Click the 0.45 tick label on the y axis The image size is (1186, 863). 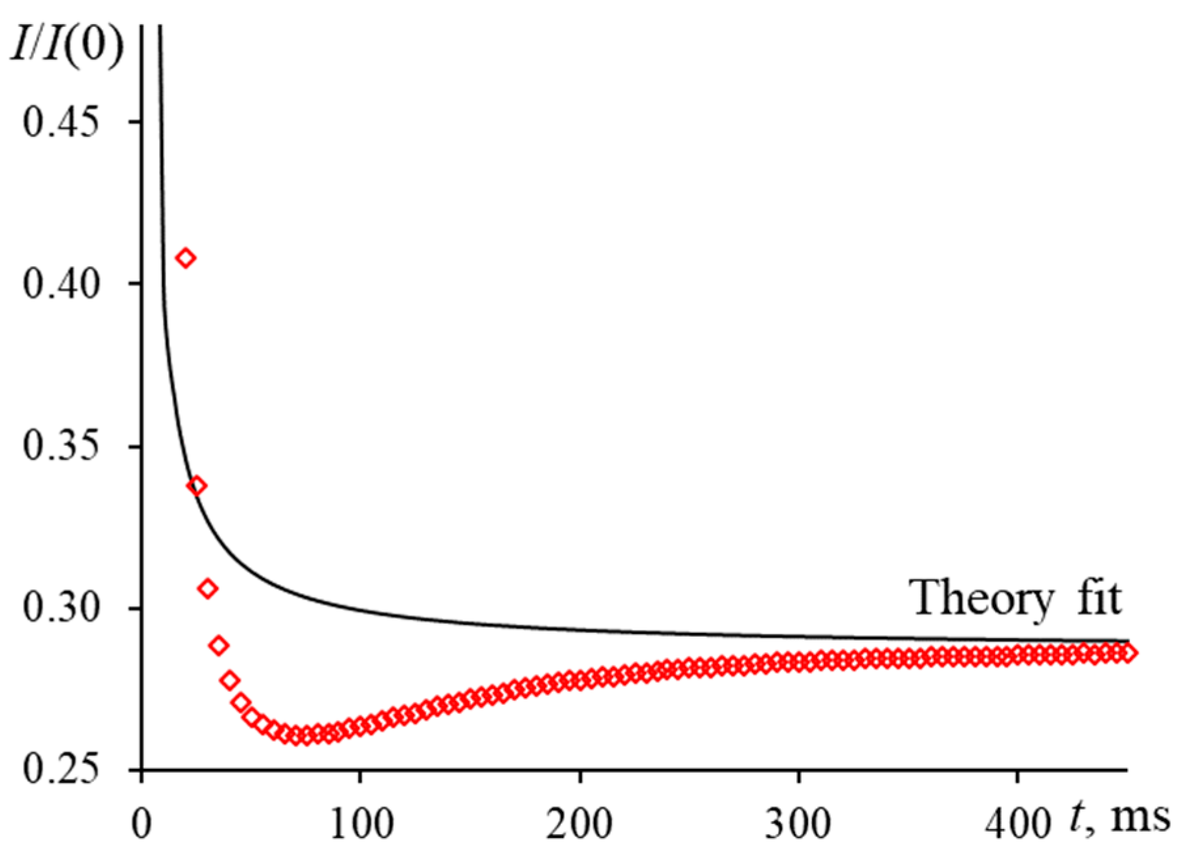65,123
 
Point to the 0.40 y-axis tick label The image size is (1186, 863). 65,284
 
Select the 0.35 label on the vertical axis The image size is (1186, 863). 65,447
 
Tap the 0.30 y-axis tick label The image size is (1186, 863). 65,609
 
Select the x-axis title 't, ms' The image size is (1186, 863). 1119,817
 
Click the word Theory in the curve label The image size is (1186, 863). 981,598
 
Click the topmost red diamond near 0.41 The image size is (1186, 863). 186,258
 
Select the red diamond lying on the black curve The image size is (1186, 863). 197,486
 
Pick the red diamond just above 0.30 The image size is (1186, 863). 208,589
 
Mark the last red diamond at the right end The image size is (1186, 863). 1128,652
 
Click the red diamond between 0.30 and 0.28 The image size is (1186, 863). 219,646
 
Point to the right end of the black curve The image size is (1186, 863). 1128,641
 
